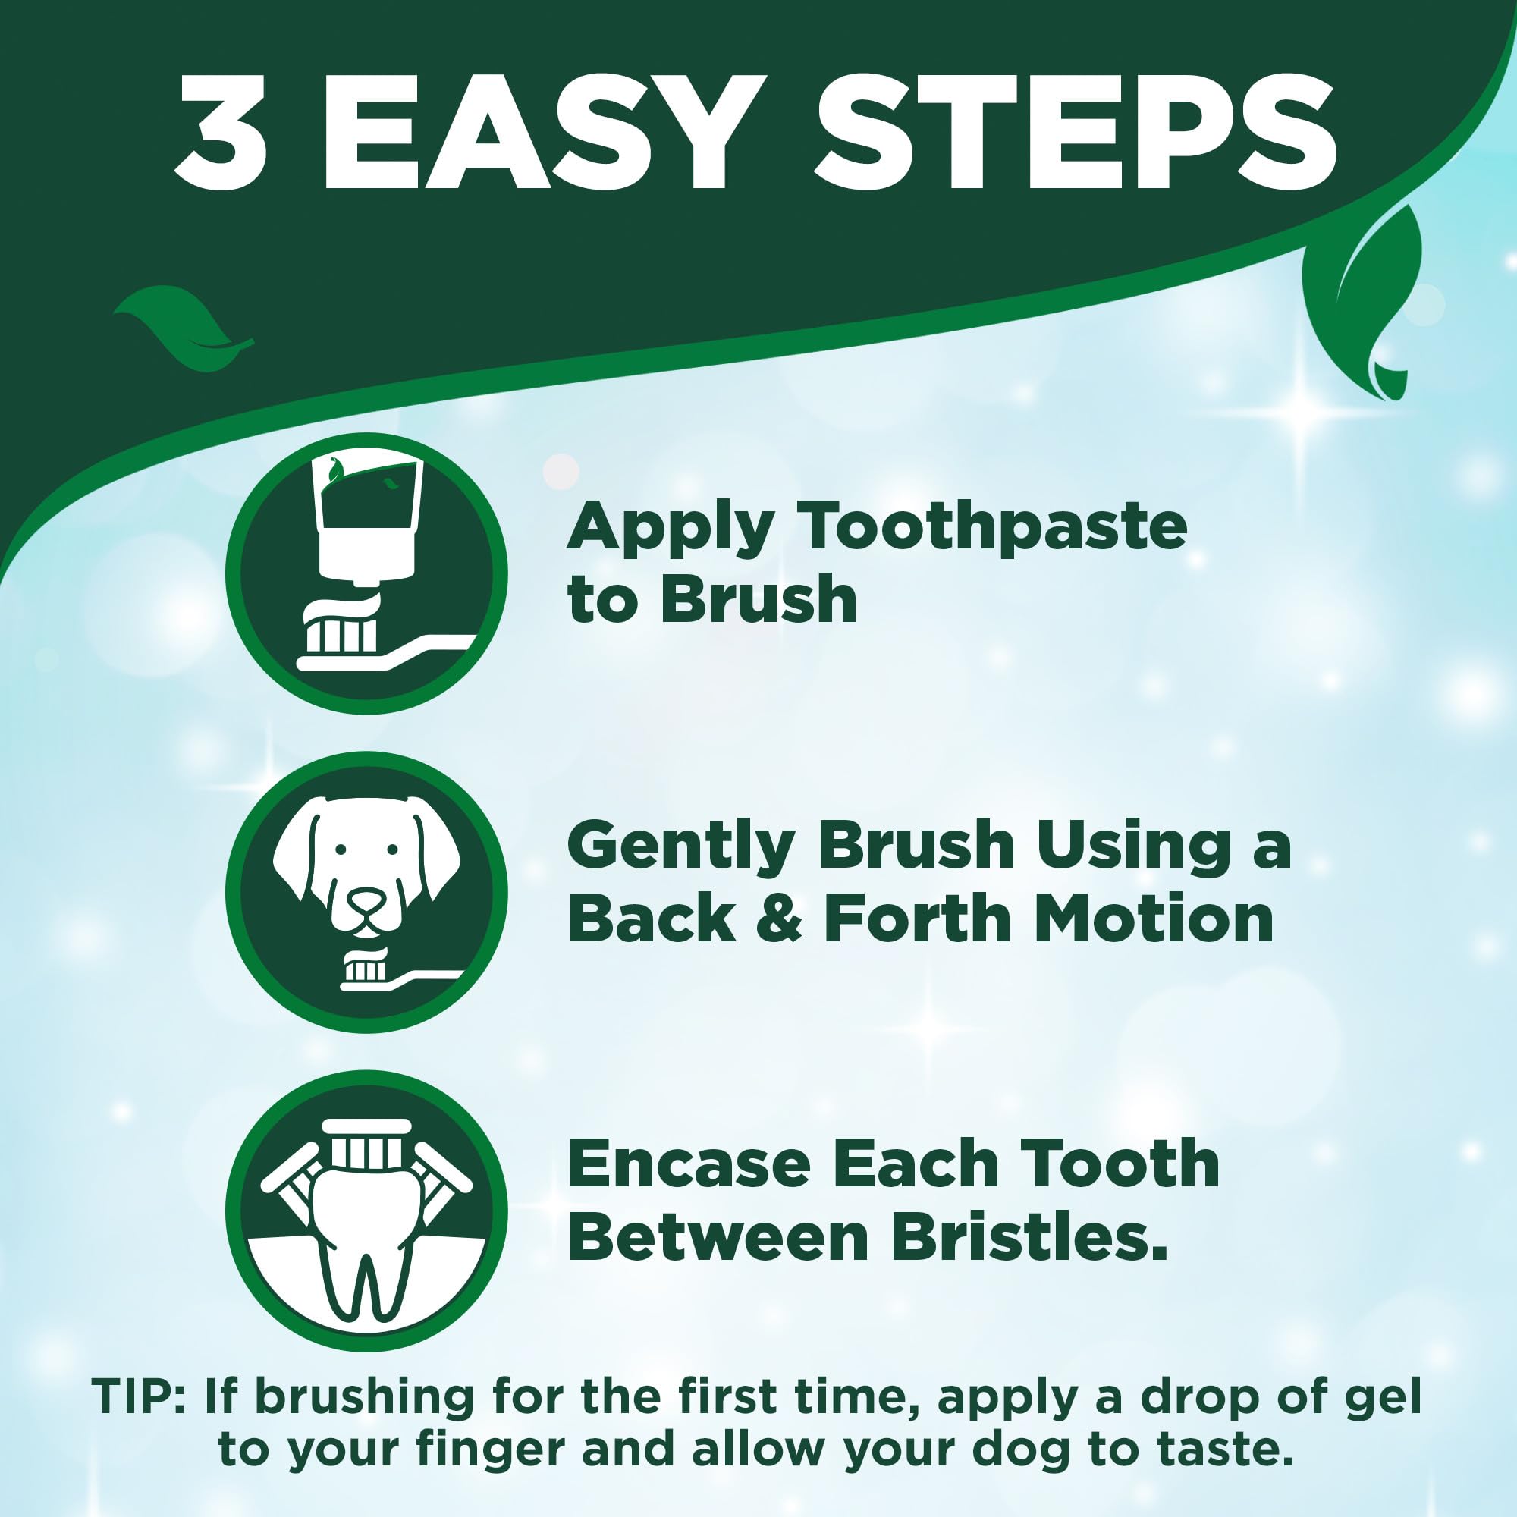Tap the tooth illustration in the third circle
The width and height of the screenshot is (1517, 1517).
[366, 1248]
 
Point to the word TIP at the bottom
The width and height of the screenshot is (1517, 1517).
[133, 1396]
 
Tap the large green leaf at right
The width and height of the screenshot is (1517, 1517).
[1362, 291]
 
